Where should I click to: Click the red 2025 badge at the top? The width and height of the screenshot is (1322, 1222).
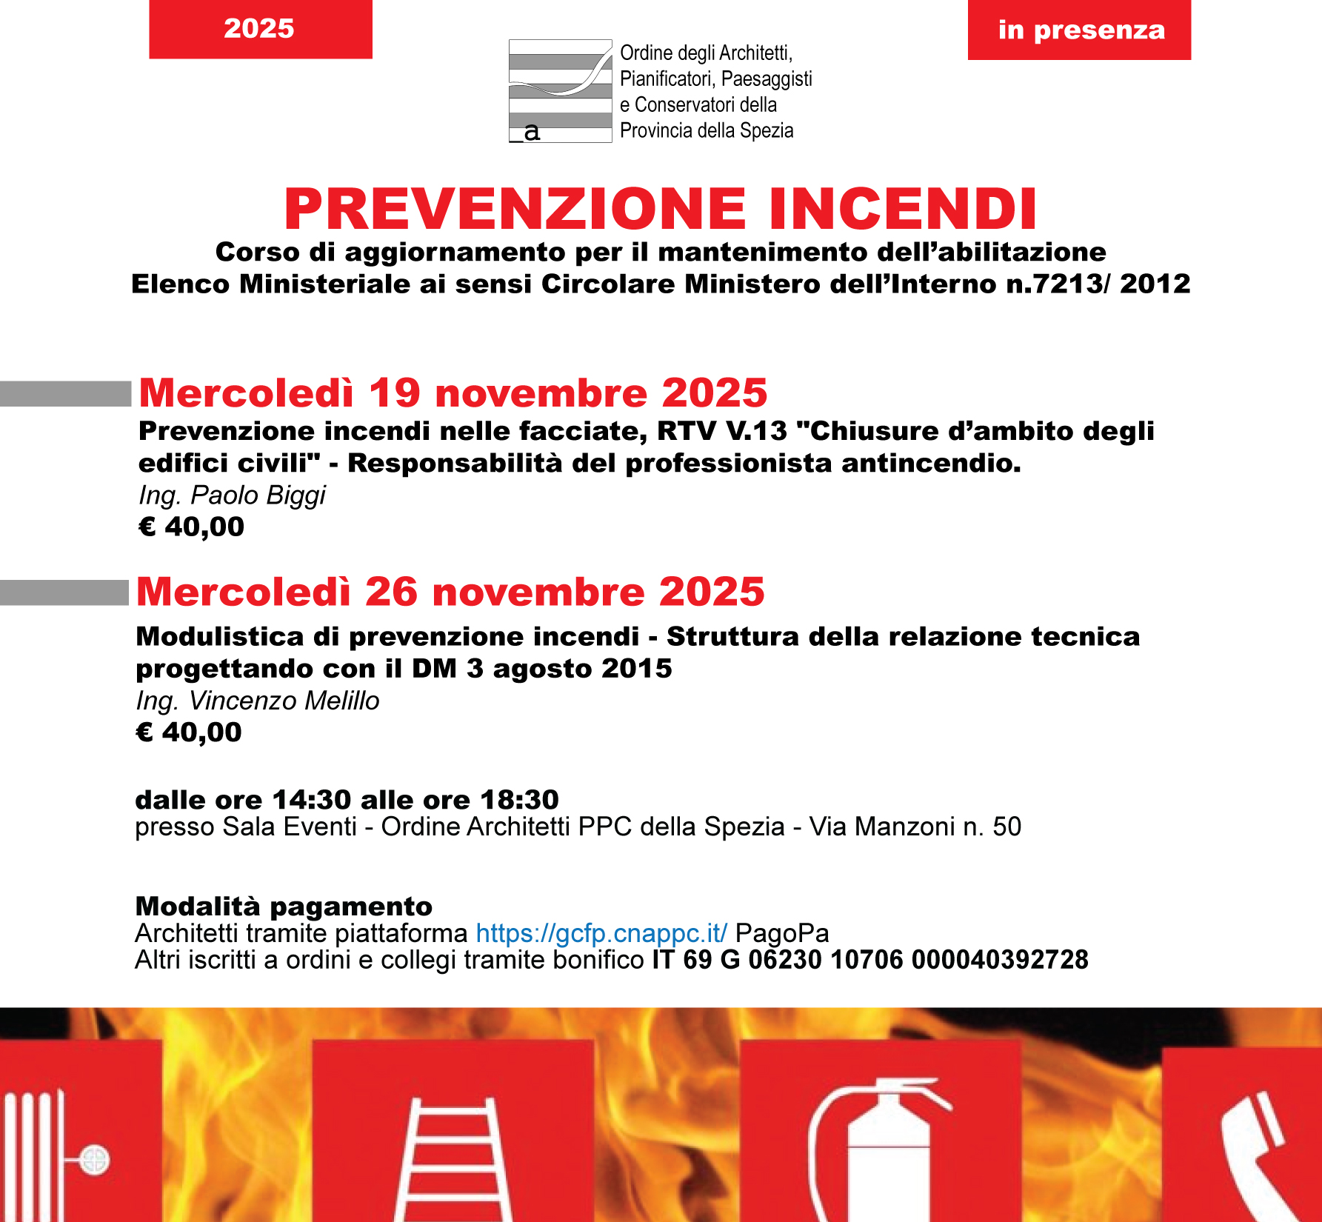pos(260,29)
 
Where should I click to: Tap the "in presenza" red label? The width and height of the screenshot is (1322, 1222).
pos(1080,30)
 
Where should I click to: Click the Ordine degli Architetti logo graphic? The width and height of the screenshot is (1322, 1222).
pos(560,90)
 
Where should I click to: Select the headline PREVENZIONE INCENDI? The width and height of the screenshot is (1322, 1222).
pos(661,209)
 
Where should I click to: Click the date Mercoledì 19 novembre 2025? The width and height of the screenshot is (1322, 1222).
pos(453,393)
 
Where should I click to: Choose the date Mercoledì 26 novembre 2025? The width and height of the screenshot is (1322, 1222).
pos(450,592)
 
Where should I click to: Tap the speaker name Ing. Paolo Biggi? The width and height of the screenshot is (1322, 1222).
pos(232,495)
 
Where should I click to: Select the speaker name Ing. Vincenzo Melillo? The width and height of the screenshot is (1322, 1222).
pos(257,701)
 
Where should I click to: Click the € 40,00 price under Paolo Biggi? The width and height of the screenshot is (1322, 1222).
pos(191,527)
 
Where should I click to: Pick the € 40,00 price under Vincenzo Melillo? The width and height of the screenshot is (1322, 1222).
pos(189,732)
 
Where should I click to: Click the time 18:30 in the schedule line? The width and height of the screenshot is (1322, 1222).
pos(519,800)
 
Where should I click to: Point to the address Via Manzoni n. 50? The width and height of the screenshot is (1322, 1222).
pos(915,827)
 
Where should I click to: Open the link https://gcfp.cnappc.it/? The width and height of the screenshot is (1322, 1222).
pos(601,933)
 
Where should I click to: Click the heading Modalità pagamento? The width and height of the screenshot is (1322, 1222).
pos(284,907)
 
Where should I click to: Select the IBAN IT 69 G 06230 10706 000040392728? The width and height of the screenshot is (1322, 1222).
pos(870,960)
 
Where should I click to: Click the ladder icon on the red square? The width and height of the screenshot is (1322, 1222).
pos(453,1159)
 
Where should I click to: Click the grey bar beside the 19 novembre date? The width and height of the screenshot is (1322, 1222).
pos(65,393)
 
